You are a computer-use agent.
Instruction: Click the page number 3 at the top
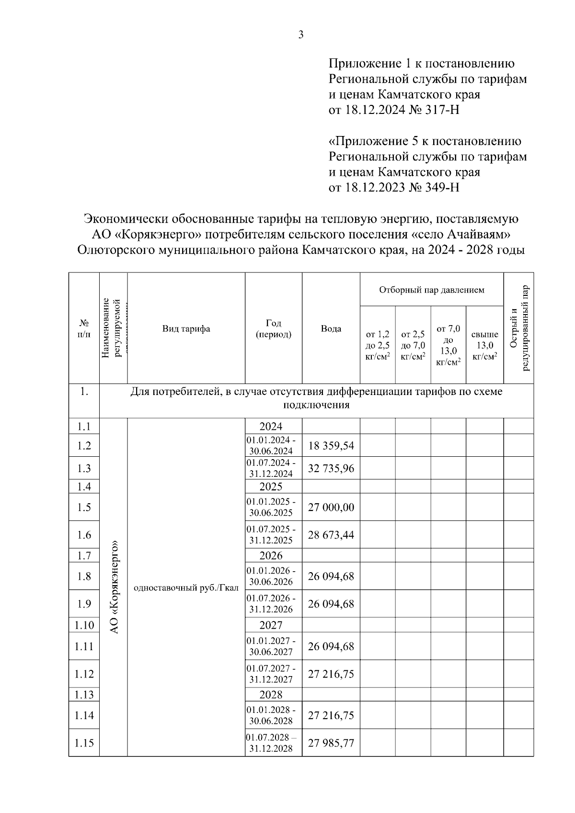[x=301, y=34]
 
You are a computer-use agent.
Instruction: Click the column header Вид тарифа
[x=186, y=329]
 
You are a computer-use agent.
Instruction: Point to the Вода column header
[x=331, y=329]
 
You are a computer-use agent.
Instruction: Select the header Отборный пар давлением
[x=431, y=290]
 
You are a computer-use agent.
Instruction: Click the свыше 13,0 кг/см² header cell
[x=484, y=345]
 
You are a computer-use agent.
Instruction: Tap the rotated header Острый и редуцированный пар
[x=519, y=328]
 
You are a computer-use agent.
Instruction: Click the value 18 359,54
[x=331, y=446]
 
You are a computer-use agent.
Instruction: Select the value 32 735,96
[x=331, y=468]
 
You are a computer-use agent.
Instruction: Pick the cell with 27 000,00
[x=331, y=508]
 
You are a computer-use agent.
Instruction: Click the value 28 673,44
[x=331, y=535]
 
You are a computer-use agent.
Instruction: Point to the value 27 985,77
[x=331, y=743]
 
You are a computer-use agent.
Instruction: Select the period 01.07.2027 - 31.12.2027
[x=271, y=674]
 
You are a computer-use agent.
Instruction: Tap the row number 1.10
[x=84, y=625]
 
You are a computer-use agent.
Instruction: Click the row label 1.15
[x=84, y=743]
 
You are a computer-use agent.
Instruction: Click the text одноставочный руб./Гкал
[x=186, y=588]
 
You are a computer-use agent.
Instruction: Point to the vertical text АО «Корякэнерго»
[x=114, y=587]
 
